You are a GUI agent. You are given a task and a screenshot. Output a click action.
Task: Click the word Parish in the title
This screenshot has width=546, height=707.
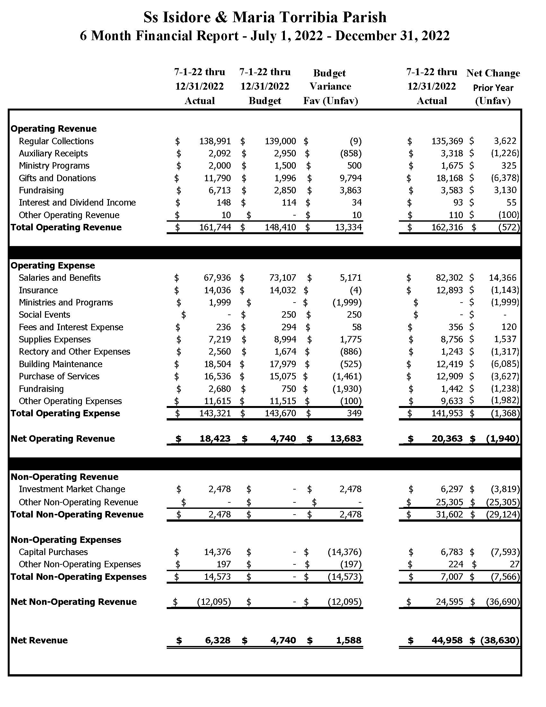pyautogui.click(x=365, y=17)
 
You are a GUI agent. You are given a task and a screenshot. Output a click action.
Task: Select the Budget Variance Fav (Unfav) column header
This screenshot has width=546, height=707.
pyautogui.click(x=330, y=87)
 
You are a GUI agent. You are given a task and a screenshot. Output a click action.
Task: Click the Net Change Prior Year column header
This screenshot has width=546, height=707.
pyautogui.click(x=493, y=87)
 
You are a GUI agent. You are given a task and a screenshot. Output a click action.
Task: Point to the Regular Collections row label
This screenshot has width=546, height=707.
pyautogui.click(x=56, y=141)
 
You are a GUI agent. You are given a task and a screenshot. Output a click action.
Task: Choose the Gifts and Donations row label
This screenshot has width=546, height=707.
pyautogui.click(x=57, y=178)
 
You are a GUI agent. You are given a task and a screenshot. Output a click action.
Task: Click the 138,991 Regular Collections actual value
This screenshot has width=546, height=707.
pyautogui.click(x=215, y=141)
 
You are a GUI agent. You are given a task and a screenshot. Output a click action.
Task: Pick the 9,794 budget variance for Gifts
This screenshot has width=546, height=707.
pyautogui.click(x=350, y=178)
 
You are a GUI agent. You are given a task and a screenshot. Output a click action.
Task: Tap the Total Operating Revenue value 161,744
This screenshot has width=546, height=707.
pyautogui.click(x=215, y=227)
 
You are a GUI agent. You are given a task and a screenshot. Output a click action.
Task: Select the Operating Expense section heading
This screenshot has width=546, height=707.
pyautogui.click(x=53, y=265)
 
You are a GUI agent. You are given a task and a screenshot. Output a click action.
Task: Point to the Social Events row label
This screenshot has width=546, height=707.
pyautogui.click(x=44, y=315)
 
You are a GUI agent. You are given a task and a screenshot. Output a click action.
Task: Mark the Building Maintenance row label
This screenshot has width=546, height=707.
pyautogui.click(x=60, y=364)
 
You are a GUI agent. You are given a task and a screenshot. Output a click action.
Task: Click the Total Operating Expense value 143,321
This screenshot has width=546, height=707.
pyautogui.click(x=215, y=413)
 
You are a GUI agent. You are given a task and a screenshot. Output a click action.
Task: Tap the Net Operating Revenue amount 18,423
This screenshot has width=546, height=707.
pyautogui.click(x=215, y=439)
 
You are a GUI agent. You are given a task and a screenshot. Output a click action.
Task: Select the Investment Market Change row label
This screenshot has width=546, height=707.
pyautogui.click(x=72, y=489)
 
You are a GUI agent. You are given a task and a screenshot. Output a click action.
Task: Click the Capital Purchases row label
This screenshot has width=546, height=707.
pyautogui.click(x=53, y=552)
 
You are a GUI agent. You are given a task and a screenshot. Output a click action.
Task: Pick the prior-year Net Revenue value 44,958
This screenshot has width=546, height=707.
pyautogui.click(x=447, y=640)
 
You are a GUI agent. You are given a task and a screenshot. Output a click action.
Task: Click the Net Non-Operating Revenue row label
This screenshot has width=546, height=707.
pyautogui.click(x=74, y=602)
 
